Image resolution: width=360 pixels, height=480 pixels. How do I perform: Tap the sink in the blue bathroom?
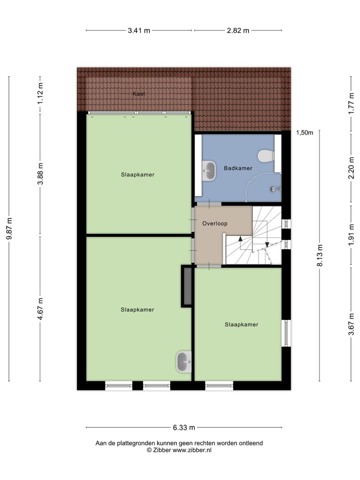(x=209, y=171)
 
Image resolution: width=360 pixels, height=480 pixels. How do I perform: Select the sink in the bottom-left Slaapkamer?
(x=183, y=361)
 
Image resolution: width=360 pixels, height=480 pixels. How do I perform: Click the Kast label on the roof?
(x=138, y=93)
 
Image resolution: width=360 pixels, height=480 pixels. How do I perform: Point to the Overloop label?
(x=215, y=223)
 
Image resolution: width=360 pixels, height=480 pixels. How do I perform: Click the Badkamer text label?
(x=238, y=168)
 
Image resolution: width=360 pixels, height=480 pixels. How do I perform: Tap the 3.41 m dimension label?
(x=139, y=30)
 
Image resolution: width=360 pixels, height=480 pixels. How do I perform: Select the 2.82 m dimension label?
(x=238, y=30)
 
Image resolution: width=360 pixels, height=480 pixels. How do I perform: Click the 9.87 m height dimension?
(x=9, y=229)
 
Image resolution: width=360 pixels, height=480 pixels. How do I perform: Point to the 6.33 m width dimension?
(x=184, y=427)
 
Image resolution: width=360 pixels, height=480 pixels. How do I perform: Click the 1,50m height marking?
(x=304, y=133)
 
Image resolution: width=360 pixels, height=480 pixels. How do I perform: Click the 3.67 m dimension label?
(x=351, y=324)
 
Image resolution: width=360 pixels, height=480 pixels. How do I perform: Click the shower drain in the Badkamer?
(x=273, y=189)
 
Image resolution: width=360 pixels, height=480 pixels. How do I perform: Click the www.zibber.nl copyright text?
(x=179, y=450)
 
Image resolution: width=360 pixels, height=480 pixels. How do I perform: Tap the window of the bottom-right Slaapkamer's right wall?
(x=286, y=333)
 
